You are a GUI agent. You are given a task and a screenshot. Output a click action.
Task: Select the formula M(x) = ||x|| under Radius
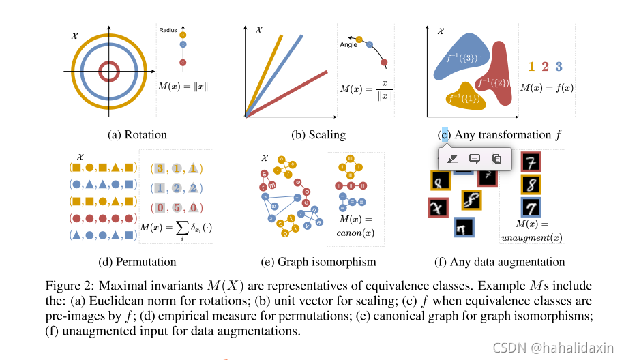[183, 87]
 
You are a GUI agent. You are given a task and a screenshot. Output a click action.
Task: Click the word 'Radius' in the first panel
[168, 30]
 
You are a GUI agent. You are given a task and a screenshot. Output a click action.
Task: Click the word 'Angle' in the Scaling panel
[348, 45]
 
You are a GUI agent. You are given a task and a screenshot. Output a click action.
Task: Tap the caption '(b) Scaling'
[318, 135]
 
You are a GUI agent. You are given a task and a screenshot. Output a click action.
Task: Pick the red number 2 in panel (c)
[545, 66]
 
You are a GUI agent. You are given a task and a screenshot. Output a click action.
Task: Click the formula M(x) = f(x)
[546, 87]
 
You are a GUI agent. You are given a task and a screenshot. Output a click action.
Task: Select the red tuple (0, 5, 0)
[177, 207]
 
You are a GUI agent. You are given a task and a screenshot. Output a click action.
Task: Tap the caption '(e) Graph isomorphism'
[318, 262]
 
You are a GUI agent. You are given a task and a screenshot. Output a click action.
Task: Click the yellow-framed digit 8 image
[531, 185]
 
